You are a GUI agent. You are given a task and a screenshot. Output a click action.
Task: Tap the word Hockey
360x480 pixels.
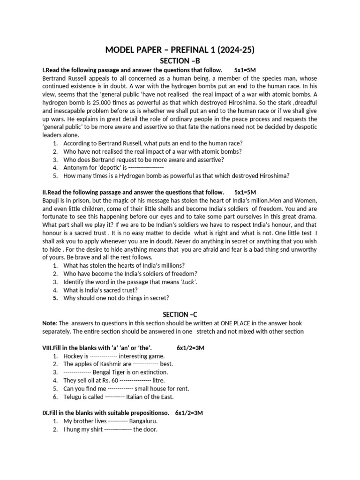tap(73, 356)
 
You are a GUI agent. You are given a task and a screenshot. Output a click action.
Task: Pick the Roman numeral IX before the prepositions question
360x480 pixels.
tap(45, 412)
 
